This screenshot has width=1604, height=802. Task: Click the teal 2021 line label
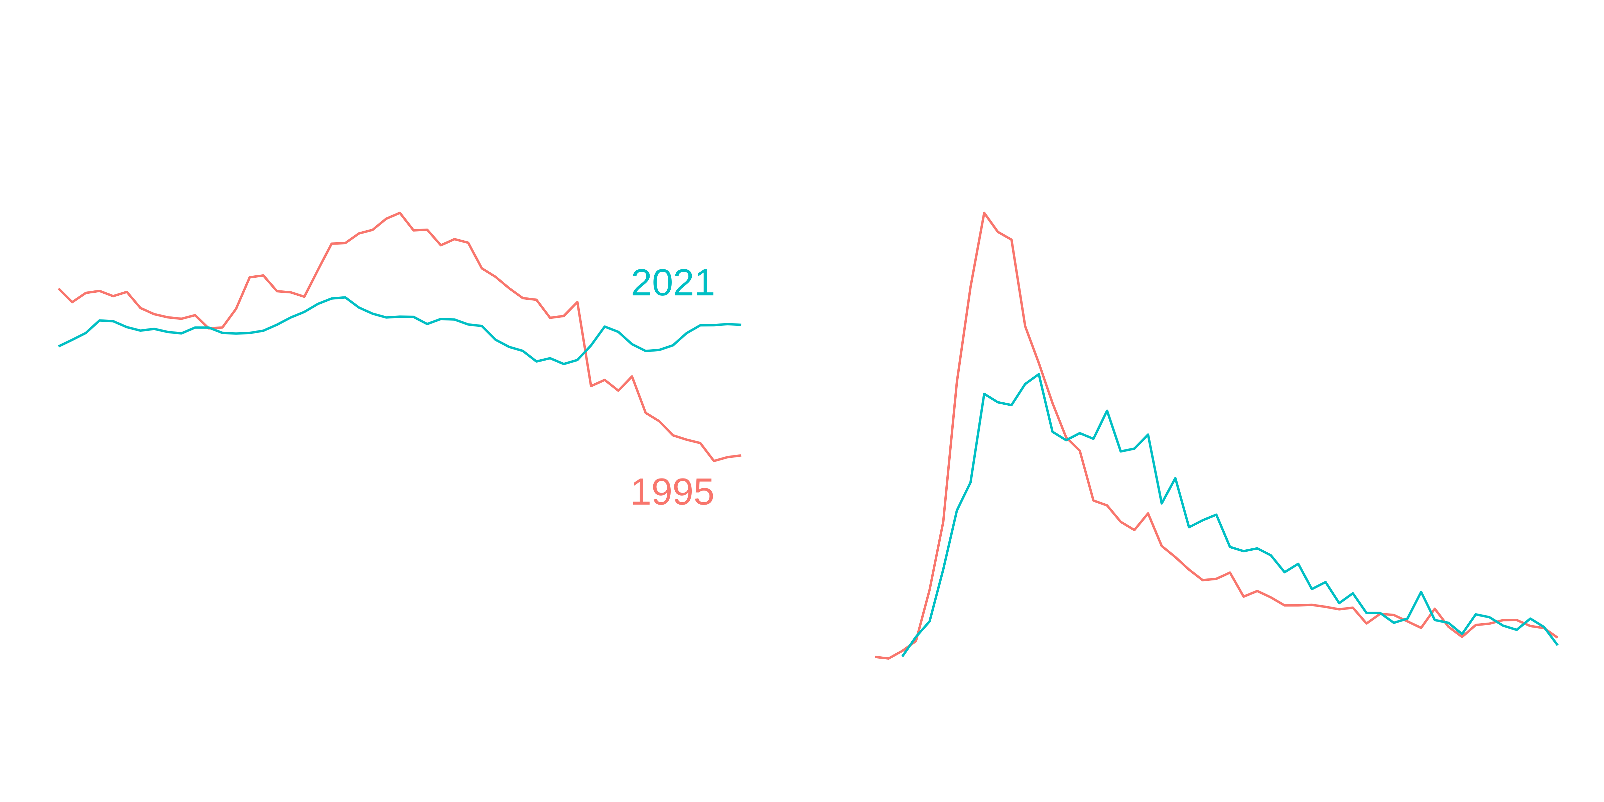pyautogui.click(x=672, y=283)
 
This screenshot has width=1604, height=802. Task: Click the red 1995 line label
pyautogui.click(x=672, y=493)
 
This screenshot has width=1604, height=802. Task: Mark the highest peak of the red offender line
pyautogui.click(x=984, y=213)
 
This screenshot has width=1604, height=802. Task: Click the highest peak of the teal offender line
pyautogui.click(x=1039, y=374)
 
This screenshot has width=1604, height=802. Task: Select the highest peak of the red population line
pyautogui.click(x=399, y=213)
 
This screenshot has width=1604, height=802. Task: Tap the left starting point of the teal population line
pyautogui.click(x=59, y=346)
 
